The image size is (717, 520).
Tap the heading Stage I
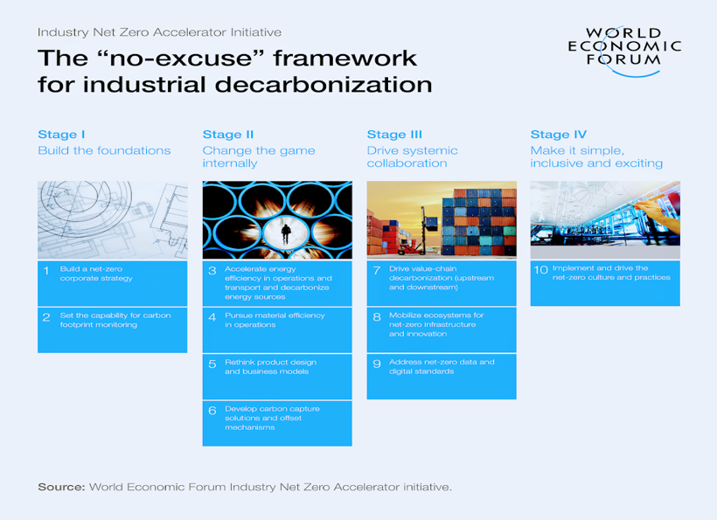tap(61, 135)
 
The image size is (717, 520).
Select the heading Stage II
tap(228, 135)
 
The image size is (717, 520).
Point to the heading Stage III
tap(394, 135)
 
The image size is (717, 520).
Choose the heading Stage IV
tap(559, 135)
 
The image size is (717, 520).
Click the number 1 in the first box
tap(46, 271)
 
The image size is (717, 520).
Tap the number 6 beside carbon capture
tap(212, 411)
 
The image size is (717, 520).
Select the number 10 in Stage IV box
tap(541, 269)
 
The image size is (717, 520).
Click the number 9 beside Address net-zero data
tap(377, 364)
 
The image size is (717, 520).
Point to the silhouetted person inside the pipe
tap(286, 234)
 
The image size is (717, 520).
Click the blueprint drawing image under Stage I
tap(113, 220)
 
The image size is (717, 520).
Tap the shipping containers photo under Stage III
tap(442, 219)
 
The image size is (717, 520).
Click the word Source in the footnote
tap(61, 487)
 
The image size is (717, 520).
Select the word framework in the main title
tap(345, 58)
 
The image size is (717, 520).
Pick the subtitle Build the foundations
tap(104, 150)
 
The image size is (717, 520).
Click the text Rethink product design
tap(271, 362)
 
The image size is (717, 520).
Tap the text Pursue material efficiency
tap(275, 315)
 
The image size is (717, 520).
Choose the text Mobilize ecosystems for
tap(436, 315)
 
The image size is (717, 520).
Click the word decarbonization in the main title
tap(324, 85)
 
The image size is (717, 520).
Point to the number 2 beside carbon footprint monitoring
tap(46, 317)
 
